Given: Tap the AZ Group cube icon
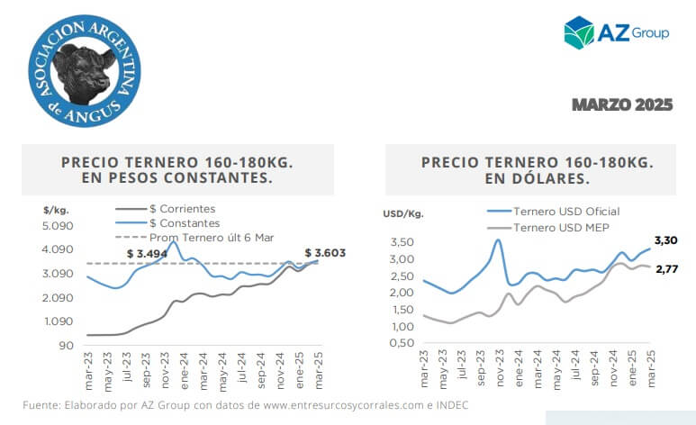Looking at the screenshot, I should click(x=578, y=31).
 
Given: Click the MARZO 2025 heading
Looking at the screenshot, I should click(x=622, y=105).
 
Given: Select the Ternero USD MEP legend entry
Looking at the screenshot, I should click(x=559, y=228).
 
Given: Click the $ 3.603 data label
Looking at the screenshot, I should click(x=325, y=253).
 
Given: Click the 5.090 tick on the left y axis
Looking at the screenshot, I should click(x=59, y=225).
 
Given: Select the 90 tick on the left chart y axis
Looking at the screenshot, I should click(x=66, y=346).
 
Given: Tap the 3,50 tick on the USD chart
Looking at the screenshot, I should click(x=402, y=242).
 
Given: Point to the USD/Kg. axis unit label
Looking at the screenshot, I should click(x=403, y=214).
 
